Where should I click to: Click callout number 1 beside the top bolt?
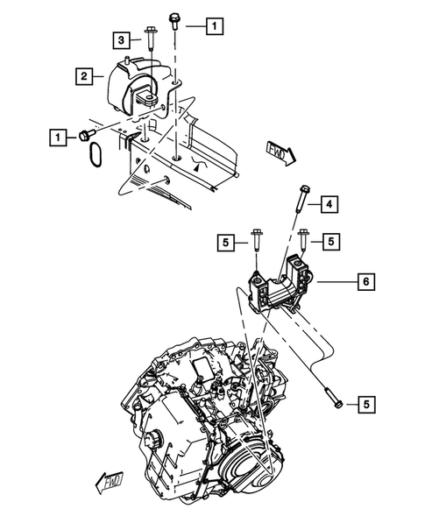click(x=213, y=26)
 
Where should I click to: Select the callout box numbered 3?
click(x=124, y=39)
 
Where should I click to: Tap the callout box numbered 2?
click(x=83, y=78)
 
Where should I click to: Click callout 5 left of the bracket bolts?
click(x=226, y=242)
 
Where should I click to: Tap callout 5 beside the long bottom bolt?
click(x=366, y=404)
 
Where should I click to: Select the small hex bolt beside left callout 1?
click(x=86, y=134)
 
